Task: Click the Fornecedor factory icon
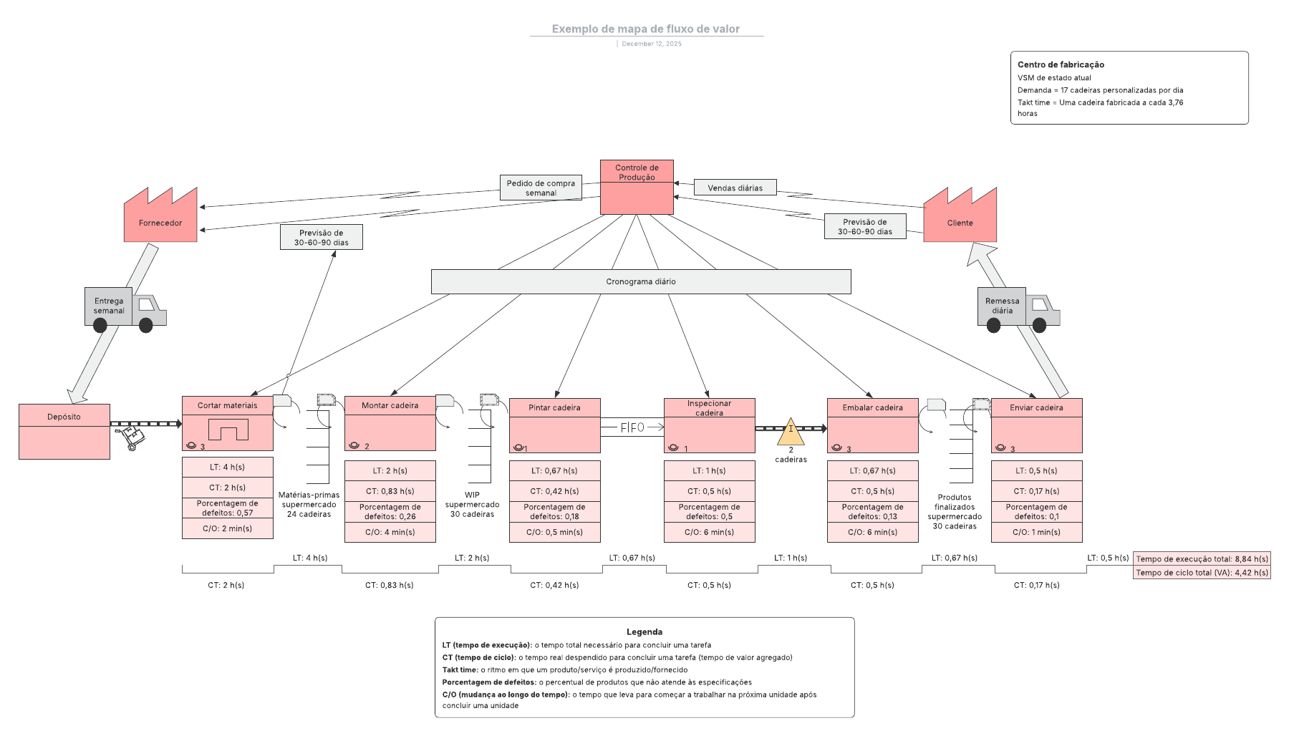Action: pos(160,218)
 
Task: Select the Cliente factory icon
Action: pos(960,218)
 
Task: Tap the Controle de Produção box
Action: pos(637,188)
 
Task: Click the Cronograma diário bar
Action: pos(641,281)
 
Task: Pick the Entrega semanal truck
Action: pos(125,309)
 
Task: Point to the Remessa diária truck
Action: pos(1018,309)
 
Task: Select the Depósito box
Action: pos(64,432)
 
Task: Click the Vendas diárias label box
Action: pos(735,188)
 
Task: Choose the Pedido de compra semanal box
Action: pos(541,188)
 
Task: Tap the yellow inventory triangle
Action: pos(791,432)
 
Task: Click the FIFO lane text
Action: pos(632,427)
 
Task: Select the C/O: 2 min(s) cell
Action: pos(227,528)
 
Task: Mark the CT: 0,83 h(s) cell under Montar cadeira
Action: pos(390,491)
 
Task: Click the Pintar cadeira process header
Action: pos(554,407)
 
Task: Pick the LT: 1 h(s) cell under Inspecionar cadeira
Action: pos(709,470)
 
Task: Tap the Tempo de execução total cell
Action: pos(1201,558)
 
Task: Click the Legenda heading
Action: pos(644,631)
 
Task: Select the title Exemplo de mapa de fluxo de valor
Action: pos(645,29)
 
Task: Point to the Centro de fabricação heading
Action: pos(1061,64)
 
